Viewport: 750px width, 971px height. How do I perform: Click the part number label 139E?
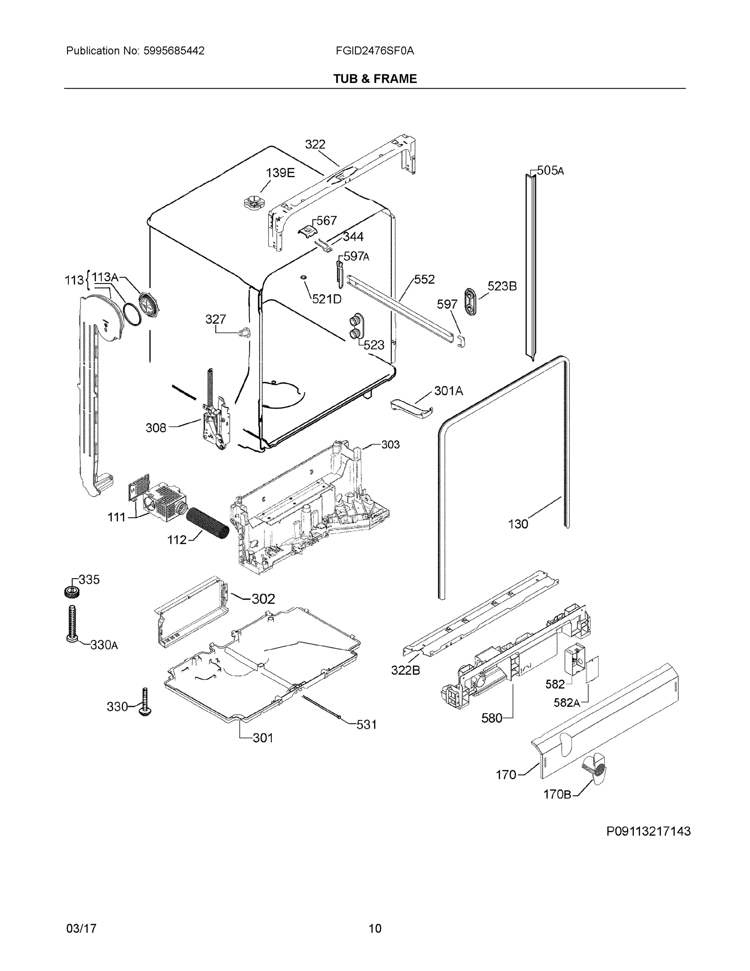pos(280,173)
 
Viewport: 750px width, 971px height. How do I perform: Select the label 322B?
pos(405,670)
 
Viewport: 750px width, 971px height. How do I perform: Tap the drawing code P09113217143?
pos(648,831)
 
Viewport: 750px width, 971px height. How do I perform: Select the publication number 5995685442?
pos(174,51)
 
